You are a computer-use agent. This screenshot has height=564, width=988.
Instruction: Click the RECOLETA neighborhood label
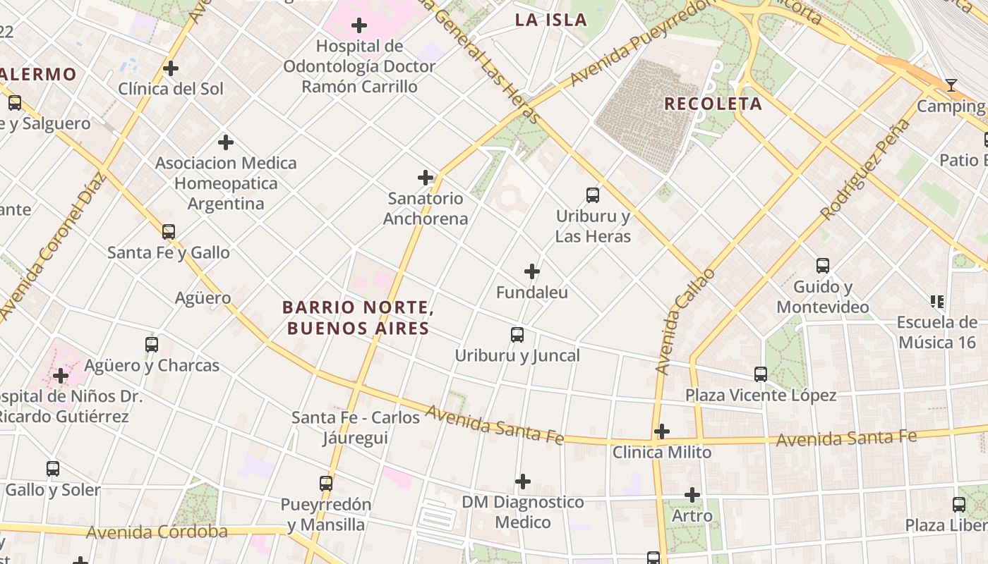pyautogui.click(x=713, y=104)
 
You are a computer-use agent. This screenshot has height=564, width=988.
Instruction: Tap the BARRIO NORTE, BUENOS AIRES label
pyautogui.click(x=357, y=318)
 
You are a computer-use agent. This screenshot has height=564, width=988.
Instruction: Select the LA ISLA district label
pyautogui.click(x=550, y=20)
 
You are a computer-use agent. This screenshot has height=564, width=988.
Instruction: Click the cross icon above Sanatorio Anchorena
pyautogui.click(x=426, y=178)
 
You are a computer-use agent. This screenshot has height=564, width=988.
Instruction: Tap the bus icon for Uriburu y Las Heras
pyautogui.click(x=593, y=195)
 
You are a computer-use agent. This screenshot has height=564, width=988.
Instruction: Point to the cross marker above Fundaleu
pyautogui.click(x=532, y=271)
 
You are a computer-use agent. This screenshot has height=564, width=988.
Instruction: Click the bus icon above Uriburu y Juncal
pyautogui.click(x=517, y=335)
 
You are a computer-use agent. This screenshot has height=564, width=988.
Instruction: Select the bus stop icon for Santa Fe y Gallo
pyautogui.click(x=168, y=232)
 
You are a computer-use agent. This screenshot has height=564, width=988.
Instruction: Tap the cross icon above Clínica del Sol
pyautogui.click(x=171, y=68)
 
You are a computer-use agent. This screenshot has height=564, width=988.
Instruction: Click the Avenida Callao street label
pyautogui.click(x=685, y=321)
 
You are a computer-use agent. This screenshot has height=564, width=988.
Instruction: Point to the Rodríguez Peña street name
pyautogui.click(x=865, y=169)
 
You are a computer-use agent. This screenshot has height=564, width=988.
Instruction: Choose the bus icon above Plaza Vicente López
pyautogui.click(x=760, y=374)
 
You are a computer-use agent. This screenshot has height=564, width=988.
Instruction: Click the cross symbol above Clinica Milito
pyautogui.click(x=662, y=431)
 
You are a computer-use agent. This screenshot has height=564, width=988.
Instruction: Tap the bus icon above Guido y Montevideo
pyautogui.click(x=823, y=266)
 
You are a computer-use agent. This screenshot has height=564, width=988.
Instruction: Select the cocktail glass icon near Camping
pyautogui.click(x=951, y=85)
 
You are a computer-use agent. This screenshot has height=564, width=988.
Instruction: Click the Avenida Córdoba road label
pyautogui.click(x=157, y=532)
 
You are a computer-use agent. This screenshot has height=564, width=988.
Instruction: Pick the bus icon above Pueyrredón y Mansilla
pyautogui.click(x=325, y=484)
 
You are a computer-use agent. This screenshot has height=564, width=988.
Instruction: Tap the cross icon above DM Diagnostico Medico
pyautogui.click(x=522, y=482)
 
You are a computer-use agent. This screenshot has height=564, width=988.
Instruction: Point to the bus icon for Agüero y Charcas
pyautogui.click(x=152, y=345)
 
